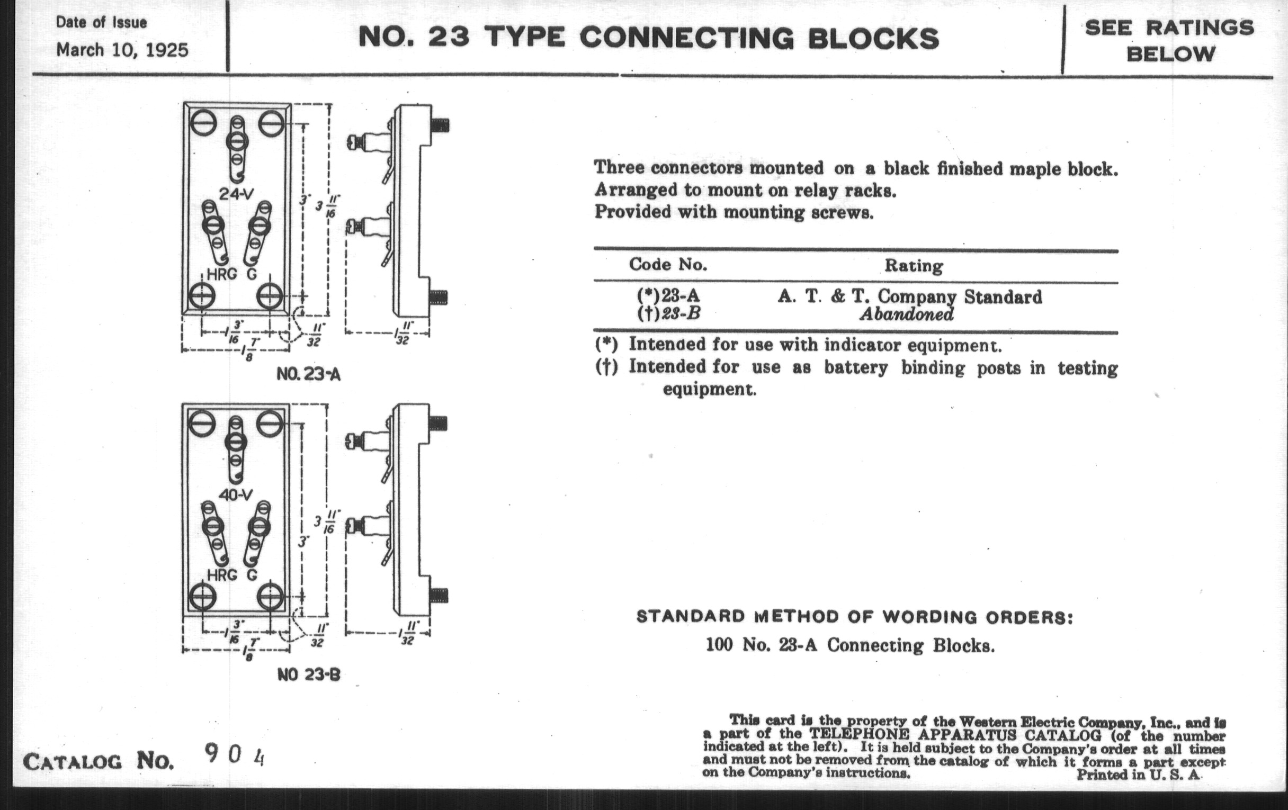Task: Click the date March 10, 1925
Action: (122, 50)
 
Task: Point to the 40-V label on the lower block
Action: (236, 494)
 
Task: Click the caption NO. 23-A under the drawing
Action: (308, 375)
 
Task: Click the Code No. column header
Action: (668, 264)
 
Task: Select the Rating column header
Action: (914, 265)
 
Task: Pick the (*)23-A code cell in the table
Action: (668, 295)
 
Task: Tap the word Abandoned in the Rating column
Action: (907, 314)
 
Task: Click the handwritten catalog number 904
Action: (235, 755)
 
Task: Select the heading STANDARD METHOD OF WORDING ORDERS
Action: (854, 617)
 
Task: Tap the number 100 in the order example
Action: (719, 645)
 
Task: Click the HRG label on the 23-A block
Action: (221, 275)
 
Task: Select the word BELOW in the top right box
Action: (1171, 54)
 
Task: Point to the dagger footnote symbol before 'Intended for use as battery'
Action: (606, 367)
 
